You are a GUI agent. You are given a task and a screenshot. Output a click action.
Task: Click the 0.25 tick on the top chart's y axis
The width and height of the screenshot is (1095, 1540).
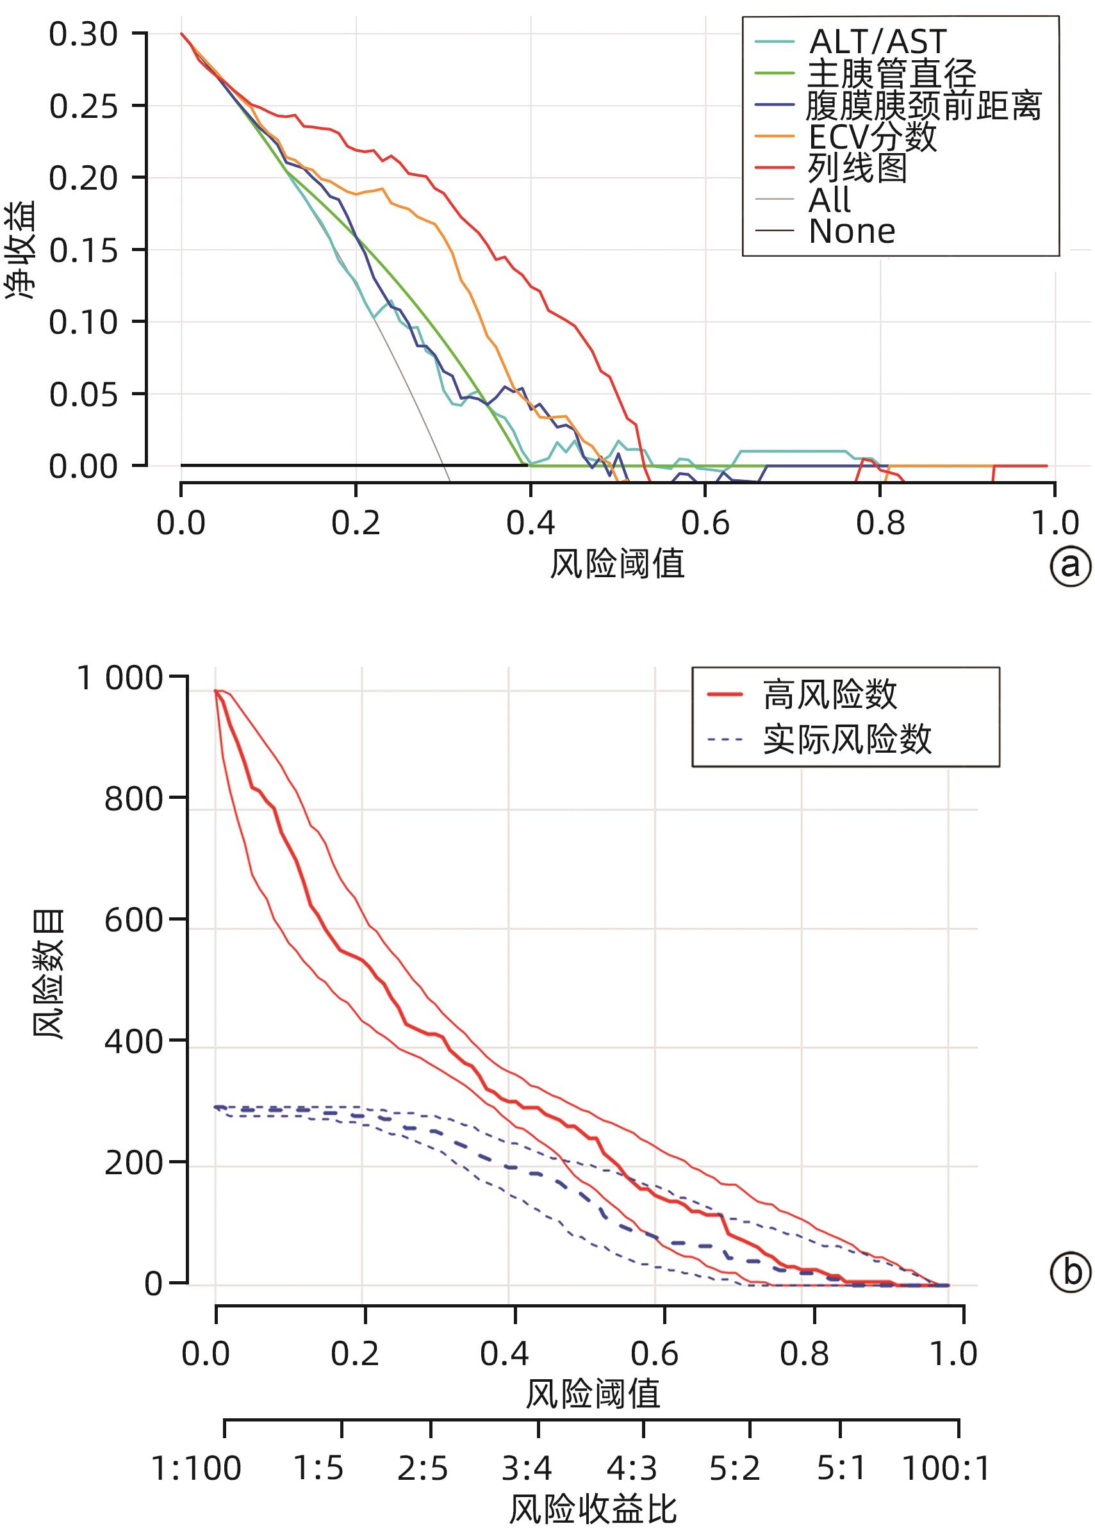pos(83,106)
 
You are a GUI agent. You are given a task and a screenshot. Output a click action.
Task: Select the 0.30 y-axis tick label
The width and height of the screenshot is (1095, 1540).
pos(83,35)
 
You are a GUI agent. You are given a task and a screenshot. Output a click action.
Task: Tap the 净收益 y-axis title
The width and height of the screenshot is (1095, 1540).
pos(21,249)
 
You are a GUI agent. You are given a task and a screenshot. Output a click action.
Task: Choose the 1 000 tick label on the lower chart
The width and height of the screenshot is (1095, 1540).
pos(120,678)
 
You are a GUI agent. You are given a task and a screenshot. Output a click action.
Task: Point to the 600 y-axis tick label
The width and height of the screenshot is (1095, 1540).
pos(133,920)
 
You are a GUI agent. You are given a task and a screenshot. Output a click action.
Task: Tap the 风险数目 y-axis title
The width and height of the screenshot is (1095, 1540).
pos(49,973)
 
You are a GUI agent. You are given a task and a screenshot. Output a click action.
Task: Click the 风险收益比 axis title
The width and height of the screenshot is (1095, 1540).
pos(593,1511)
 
